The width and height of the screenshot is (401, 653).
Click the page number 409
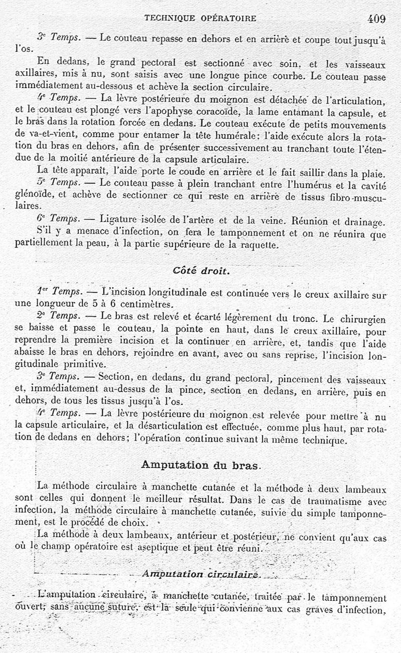(x=376, y=19)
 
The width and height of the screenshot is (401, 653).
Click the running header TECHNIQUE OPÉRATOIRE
(x=200, y=19)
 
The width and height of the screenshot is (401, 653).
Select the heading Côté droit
(x=202, y=271)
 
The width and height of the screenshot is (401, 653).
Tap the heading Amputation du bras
(x=201, y=465)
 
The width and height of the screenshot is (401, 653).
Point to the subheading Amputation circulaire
(x=200, y=574)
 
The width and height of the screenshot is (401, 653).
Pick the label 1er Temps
(x=58, y=291)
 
